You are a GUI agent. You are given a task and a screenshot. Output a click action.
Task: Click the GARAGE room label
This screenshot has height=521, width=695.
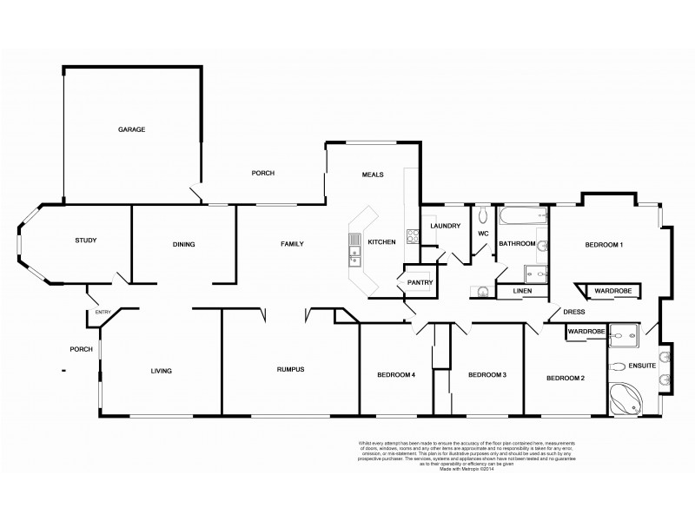click(131, 129)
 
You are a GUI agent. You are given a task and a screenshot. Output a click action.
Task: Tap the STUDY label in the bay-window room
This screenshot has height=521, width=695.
click(85, 241)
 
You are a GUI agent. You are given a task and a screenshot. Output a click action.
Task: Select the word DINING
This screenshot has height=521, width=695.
click(183, 244)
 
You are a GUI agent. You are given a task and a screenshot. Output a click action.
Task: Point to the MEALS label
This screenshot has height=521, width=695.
click(373, 175)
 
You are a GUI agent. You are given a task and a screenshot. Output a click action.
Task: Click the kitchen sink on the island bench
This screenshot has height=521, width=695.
click(354, 254)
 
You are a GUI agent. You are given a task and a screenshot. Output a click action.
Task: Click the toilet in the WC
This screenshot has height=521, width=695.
click(481, 213)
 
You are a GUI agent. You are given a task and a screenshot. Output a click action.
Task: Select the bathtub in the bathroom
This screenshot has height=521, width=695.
click(521, 215)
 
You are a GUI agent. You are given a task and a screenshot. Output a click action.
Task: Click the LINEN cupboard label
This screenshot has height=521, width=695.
click(521, 290)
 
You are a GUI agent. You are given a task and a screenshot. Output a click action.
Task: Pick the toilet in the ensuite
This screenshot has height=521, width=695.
click(619, 366)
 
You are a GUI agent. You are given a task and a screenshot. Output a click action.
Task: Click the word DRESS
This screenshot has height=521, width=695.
click(573, 312)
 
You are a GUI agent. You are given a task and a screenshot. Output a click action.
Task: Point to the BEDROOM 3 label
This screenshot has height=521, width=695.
click(486, 375)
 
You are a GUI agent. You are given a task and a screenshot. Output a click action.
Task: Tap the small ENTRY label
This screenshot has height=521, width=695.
click(103, 313)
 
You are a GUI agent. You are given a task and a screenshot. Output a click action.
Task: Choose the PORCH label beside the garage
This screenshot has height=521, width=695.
click(262, 173)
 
